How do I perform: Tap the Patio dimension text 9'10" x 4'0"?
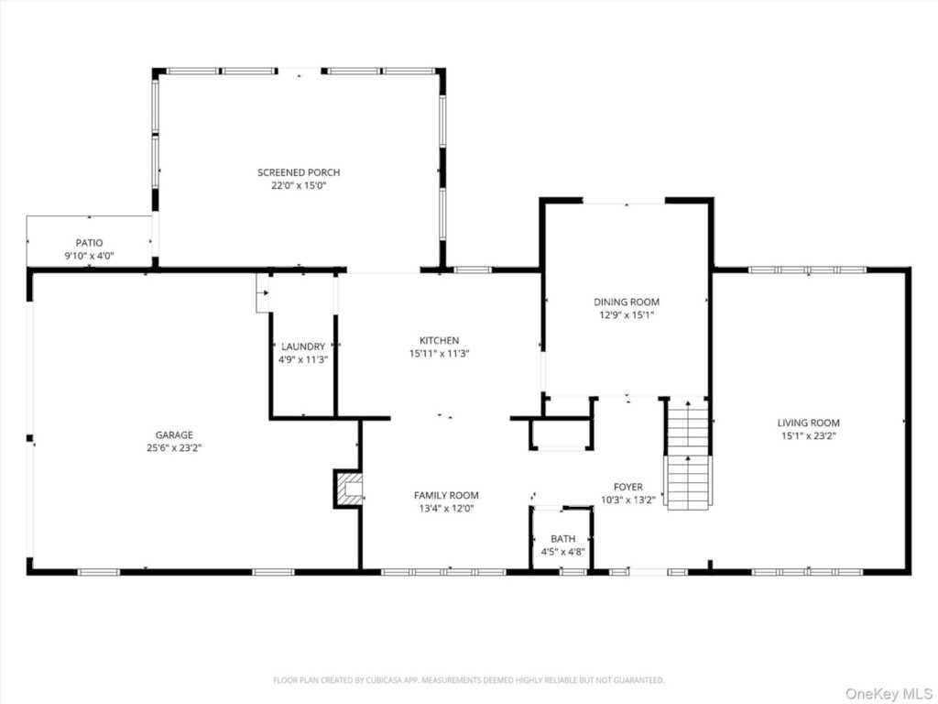point(89,257)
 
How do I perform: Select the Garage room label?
point(173,434)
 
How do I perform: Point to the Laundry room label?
point(303,346)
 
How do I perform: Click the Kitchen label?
point(439,340)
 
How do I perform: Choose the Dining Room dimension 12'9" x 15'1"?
point(627,314)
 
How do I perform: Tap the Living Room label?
point(808,423)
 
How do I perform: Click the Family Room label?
point(446,495)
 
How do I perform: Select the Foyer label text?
point(627,487)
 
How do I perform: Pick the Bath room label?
point(562,539)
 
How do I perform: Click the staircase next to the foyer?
point(687,454)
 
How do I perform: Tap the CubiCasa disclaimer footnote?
point(468,680)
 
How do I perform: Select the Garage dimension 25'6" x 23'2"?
point(173,448)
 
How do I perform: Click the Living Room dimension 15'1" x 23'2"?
point(808,436)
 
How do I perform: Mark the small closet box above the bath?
point(560,434)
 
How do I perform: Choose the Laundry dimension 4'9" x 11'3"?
point(303,359)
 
